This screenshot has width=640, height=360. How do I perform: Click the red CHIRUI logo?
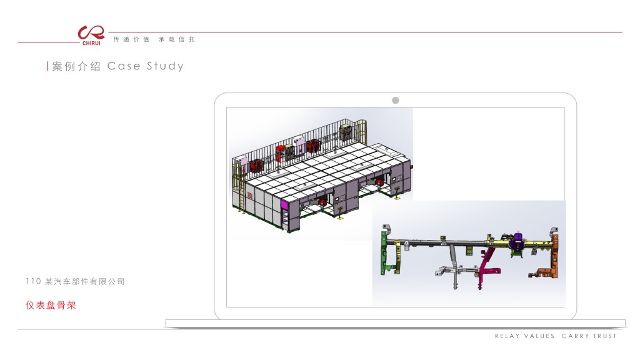tap(91, 35)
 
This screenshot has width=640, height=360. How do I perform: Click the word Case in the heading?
tap(124, 66)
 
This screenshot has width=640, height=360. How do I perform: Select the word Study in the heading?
tap(165, 66)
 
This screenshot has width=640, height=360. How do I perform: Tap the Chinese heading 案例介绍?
tap(76, 66)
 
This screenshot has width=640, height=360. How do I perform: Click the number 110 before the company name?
tap(33, 281)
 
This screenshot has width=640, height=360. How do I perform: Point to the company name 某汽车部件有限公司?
tap(84, 281)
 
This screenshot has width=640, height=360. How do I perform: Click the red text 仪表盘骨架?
tap(51, 305)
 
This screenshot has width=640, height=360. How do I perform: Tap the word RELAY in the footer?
tap(507, 336)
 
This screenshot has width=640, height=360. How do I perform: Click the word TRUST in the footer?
tap(604, 336)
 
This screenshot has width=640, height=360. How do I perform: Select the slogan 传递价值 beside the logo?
tap(131, 39)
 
